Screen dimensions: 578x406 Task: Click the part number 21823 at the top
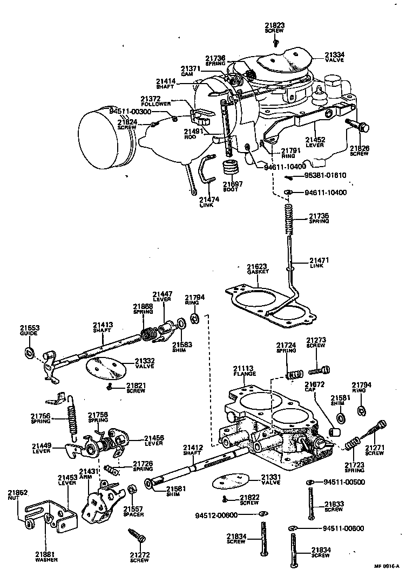pyautogui.click(x=275, y=25)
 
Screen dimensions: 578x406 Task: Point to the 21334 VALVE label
pyautogui.click(x=335, y=57)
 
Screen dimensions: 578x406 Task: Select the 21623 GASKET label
pyautogui.click(x=258, y=269)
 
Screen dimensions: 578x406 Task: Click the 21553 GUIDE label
pyautogui.click(x=30, y=331)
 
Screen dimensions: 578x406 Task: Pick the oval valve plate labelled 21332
pyautogui.click(x=106, y=368)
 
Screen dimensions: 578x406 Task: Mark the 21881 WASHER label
pyautogui.click(x=47, y=557)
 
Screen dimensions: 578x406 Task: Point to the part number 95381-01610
pyautogui.click(x=324, y=175)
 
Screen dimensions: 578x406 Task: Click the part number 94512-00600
pyautogui.click(x=215, y=515)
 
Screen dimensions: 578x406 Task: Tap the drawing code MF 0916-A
pyautogui.click(x=387, y=566)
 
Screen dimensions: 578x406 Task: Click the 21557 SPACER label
pyautogui.click(x=133, y=511)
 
